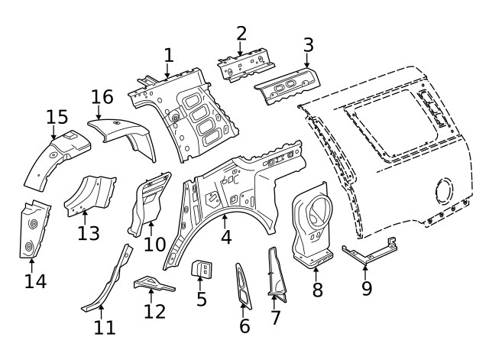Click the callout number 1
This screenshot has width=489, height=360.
tap(169, 55)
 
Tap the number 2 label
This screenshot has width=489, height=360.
tap(241, 33)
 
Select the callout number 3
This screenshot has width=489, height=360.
tap(308, 44)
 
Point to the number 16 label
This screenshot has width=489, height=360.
tap(102, 97)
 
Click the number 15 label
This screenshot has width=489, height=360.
tap(57, 117)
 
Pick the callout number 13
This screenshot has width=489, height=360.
tap(89, 232)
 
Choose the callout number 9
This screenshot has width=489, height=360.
tap(367, 288)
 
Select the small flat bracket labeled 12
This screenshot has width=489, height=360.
tap(153, 285)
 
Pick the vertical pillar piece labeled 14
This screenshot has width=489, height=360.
tap(31, 229)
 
